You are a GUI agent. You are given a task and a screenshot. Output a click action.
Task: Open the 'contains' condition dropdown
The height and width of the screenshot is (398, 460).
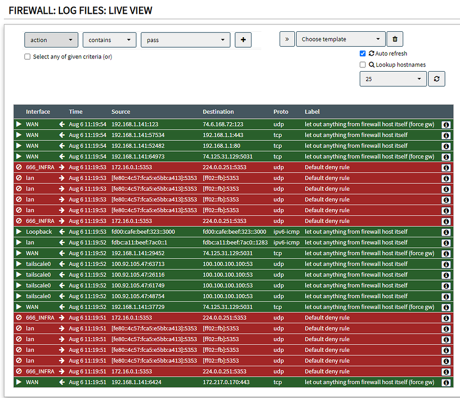pos(109,40)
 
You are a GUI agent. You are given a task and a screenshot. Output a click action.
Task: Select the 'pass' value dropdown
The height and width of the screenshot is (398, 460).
pos(185,40)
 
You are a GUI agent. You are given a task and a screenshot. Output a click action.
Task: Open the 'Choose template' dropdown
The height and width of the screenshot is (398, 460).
pos(341,39)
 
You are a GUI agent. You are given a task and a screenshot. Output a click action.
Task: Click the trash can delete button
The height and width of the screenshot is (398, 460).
pos(395,39)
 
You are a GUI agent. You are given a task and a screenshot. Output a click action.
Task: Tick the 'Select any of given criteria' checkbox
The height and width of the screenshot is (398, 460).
pos(28,57)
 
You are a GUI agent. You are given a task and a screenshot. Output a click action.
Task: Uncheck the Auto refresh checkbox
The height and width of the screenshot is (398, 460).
pos(363,54)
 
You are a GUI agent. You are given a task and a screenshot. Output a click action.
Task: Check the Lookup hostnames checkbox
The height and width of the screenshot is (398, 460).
pos(363,65)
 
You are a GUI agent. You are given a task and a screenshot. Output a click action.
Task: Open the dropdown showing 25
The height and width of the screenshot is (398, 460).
pos(393,79)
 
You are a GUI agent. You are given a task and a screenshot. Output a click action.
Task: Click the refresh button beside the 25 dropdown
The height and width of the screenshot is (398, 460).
pos(436,79)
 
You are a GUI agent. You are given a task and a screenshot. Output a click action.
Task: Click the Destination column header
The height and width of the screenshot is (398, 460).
pos(218,111)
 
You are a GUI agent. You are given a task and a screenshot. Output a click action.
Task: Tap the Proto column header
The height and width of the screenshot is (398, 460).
pos(281,111)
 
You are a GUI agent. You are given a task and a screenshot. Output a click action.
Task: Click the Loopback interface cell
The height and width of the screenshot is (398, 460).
pos(39,232)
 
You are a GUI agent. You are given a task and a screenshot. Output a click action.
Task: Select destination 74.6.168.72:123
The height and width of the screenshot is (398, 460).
pos(223,124)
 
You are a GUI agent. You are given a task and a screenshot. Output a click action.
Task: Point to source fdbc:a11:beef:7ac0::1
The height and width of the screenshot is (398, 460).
pos(139,243)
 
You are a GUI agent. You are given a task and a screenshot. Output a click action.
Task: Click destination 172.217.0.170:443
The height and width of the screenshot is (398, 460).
pos(224,382)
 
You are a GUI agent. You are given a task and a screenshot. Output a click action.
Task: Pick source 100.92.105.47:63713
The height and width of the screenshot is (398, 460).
pos(138,264)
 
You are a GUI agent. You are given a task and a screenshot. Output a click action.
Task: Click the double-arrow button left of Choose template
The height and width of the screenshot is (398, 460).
pos(287,39)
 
